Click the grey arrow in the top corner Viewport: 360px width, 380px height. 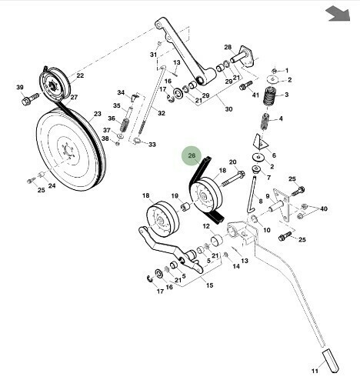pyautogui.click(x=338, y=15)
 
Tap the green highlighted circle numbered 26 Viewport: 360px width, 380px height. pyautogui.click(x=192, y=156)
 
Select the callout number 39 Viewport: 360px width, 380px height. pyautogui.click(x=20, y=88)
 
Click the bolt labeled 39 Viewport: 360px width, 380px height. pyautogui.click(x=31, y=98)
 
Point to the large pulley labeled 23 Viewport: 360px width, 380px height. pyautogui.click(x=71, y=149)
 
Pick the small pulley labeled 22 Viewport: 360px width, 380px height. pyautogui.click(x=54, y=84)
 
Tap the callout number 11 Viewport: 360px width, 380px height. pyautogui.click(x=315, y=371)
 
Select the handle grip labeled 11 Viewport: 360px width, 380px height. pyautogui.click(x=331, y=360)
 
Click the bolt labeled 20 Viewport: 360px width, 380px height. pyautogui.click(x=232, y=178)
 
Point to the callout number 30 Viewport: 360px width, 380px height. pyautogui.click(x=228, y=109)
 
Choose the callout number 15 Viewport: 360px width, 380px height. pyautogui.click(x=209, y=285)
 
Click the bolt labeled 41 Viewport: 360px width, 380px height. pyautogui.click(x=245, y=85)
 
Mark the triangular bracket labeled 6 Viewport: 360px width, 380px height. pyautogui.click(x=260, y=142)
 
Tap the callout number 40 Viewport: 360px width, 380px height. pyautogui.click(x=324, y=208)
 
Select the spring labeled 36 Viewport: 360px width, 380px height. pyautogui.click(x=125, y=125)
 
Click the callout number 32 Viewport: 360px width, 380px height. pyautogui.click(x=162, y=113)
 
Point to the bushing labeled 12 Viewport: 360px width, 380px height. pyautogui.click(x=217, y=240)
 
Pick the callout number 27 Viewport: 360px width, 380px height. pyautogui.click(x=74, y=97)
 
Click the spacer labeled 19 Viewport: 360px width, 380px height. pyautogui.click(x=185, y=206)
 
